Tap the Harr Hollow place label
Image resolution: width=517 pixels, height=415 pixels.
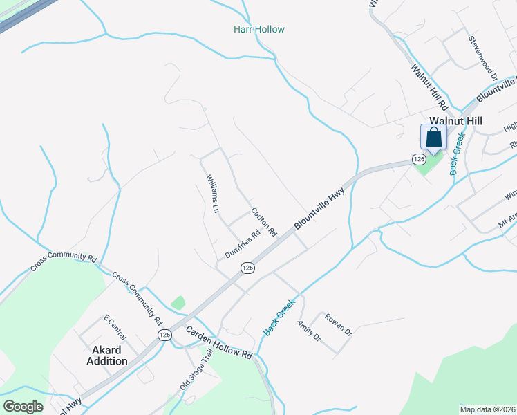[258, 30]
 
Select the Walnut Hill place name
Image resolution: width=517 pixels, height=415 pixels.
[455, 121]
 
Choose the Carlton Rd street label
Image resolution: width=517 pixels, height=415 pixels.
[263, 222]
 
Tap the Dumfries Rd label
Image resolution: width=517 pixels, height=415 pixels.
[242, 244]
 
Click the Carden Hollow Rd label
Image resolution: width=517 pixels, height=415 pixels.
[218, 342]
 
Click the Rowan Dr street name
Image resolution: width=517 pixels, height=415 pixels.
[339, 322]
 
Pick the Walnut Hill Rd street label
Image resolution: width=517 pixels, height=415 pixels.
[429, 88]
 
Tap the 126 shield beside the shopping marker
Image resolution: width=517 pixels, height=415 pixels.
[418, 159]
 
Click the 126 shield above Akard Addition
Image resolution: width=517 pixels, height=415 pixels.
[164, 335]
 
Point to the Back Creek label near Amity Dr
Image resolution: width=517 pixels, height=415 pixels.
[279, 317]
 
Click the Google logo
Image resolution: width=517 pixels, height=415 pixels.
[23, 406]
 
